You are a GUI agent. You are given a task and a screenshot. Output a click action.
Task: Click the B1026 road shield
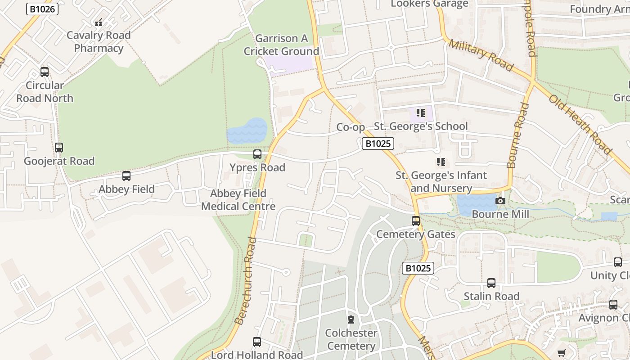click(x=42, y=9)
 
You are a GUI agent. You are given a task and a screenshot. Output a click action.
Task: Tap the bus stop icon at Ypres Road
click(x=257, y=154)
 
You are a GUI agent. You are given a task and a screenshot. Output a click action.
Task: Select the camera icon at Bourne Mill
click(x=500, y=201)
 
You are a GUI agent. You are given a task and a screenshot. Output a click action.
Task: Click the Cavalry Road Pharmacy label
click(x=99, y=41)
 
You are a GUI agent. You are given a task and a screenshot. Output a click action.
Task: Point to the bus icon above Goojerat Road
click(x=59, y=148)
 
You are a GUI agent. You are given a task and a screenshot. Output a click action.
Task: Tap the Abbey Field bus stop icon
click(x=126, y=176)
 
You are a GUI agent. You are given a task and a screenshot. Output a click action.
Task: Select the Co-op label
click(x=351, y=127)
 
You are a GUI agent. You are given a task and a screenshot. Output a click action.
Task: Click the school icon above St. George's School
click(x=421, y=112)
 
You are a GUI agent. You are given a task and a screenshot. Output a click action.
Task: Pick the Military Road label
click(x=481, y=55)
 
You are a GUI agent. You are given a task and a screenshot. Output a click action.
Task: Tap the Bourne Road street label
click(x=518, y=135)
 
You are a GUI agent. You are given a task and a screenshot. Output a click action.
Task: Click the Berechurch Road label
click(x=246, y=281)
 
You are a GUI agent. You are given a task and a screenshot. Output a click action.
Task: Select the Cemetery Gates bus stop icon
click(x=416, y=221)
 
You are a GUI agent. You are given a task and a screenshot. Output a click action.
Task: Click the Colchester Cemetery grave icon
click(x=351, y=320)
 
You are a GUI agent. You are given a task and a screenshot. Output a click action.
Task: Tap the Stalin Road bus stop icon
click(x=491, y=283)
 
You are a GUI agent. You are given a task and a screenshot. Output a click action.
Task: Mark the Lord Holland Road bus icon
click(x=257, y=342)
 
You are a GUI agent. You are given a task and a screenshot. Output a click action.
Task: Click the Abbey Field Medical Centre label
click(x=238, y=200)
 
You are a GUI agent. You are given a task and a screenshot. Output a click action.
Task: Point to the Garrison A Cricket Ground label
click(x=281, y=45)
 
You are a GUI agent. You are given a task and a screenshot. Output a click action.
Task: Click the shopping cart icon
click(x=561, y=353)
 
